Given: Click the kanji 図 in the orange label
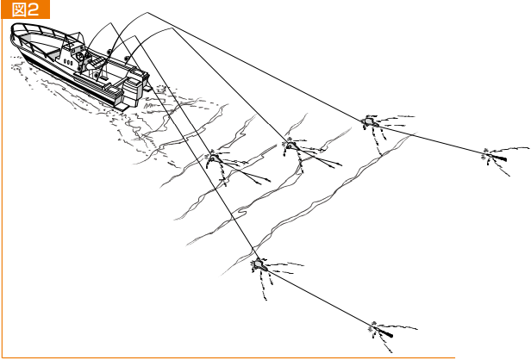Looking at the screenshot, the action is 18,9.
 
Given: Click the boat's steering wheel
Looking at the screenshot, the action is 80,56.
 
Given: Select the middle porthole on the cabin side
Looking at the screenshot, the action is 68,62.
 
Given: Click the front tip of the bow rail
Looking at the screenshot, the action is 12,30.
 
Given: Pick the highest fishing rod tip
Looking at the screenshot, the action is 147,13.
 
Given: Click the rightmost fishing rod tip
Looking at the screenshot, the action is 172,28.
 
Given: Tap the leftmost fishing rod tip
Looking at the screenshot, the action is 110,23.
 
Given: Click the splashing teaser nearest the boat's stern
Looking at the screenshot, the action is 214,158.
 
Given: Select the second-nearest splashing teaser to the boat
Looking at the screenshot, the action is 290,146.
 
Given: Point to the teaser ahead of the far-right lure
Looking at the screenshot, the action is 370,121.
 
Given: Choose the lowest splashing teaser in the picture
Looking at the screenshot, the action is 259,264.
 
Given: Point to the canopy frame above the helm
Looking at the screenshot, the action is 72,41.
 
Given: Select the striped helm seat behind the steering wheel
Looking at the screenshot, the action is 96,63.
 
